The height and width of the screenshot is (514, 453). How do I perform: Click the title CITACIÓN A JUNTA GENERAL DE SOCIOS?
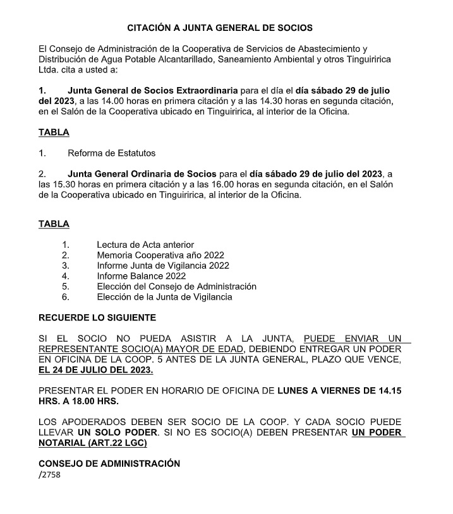220,28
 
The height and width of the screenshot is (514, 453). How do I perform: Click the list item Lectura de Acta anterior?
145,244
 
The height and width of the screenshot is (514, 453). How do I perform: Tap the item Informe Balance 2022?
141,276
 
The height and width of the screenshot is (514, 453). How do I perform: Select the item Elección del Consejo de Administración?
177,286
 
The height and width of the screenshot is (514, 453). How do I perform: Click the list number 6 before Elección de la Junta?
65,296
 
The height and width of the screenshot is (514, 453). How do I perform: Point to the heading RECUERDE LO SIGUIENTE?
97,317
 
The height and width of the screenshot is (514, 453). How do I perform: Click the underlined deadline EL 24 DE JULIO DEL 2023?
96,370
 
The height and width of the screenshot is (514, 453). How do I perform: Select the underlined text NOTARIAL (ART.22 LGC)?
93,443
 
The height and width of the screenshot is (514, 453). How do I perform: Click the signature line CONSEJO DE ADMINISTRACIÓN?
109,464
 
